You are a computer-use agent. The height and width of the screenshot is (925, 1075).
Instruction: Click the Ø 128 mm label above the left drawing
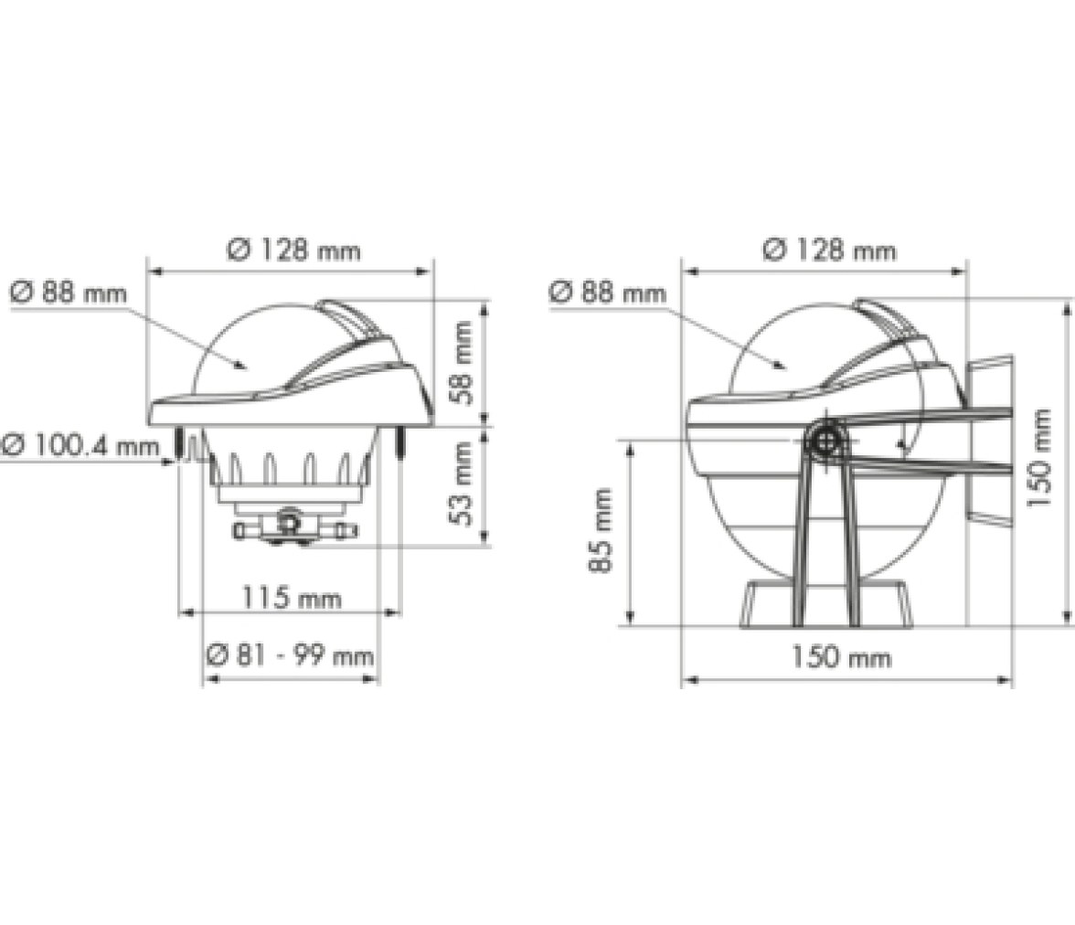pos(294,250)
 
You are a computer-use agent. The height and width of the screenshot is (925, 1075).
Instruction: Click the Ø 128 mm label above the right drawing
pos(830,250)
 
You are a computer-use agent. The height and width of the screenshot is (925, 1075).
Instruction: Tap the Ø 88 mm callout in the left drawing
pos(69,292)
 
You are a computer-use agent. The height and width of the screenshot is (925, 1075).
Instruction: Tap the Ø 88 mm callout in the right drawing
pos(607,292)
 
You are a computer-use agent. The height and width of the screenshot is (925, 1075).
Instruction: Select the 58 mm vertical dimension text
pos(463,363)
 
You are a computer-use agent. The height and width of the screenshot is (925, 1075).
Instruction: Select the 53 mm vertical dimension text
pos(463,484)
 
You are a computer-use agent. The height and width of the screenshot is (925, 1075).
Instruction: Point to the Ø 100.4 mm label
pos(80,446)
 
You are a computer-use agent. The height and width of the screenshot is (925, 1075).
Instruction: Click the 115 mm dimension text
pos(292,598)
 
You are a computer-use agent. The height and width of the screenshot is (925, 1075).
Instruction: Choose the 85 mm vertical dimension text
pos(601,531)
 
